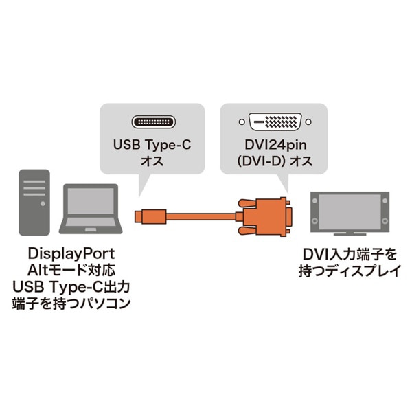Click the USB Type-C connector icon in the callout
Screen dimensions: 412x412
pos(152,124)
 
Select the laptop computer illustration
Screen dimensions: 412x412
pos(91,209)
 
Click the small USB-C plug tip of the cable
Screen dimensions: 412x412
pos(140,215)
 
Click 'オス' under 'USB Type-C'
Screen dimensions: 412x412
pos(152,165)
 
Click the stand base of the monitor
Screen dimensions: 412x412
pos(350,236)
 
